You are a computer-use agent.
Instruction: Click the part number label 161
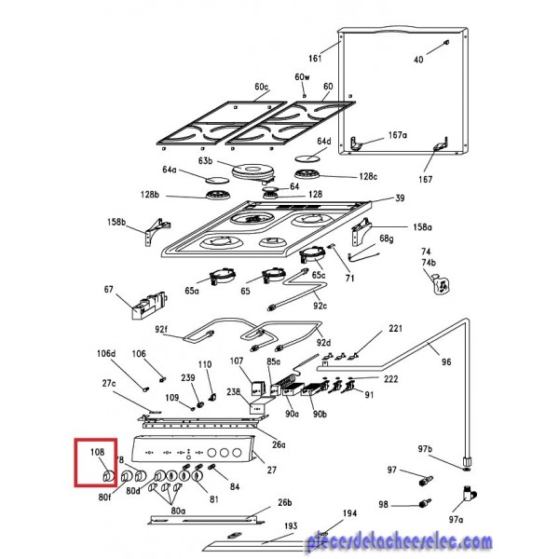(314, 57)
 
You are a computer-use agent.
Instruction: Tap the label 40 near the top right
(418, 59)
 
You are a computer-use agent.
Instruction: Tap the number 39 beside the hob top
(400, 198)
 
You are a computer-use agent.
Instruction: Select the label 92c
(320, 305)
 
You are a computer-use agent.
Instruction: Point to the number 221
(395, 329)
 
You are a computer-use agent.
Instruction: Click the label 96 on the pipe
(446, 362)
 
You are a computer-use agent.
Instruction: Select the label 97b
(451, 450)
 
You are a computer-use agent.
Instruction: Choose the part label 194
(348, 513)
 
